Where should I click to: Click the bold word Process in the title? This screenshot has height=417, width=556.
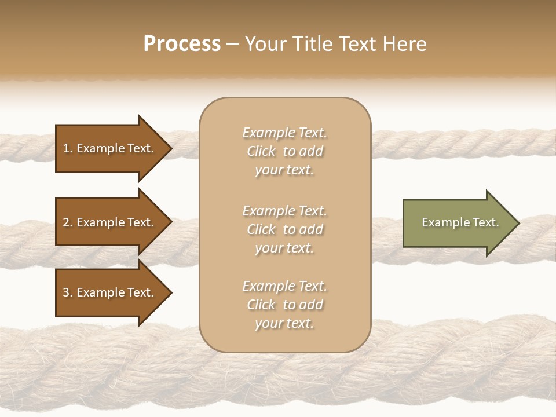click(182, 43)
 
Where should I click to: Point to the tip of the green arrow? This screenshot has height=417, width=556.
click(517, 223)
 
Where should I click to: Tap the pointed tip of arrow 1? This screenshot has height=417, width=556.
click(170, 148)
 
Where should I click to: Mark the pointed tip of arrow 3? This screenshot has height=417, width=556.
click(170, 292)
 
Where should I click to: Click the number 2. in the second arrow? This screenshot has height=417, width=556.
click(68, 222)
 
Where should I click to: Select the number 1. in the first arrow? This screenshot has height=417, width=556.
click(68, 148)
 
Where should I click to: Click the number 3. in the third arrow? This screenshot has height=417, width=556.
click(68, 292)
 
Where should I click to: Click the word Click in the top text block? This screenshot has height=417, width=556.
click(261, 151)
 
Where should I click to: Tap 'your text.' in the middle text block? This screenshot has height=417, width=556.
click(284, 248)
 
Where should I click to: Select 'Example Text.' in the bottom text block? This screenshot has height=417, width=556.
click(284, 286)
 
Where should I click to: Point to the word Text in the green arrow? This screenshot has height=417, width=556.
click(485, 222)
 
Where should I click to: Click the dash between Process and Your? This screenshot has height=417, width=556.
click(233, 44)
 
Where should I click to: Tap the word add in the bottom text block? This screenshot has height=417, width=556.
click(312, 305)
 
